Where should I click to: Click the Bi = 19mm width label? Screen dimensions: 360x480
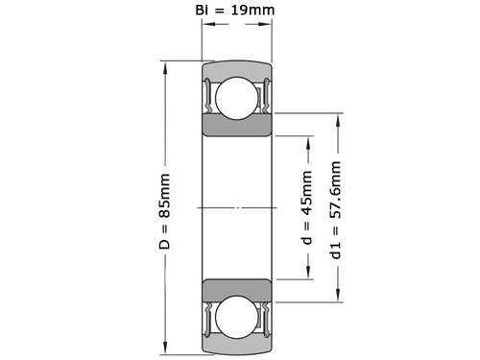point(236,12)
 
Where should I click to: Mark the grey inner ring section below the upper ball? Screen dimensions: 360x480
point(235,127)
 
